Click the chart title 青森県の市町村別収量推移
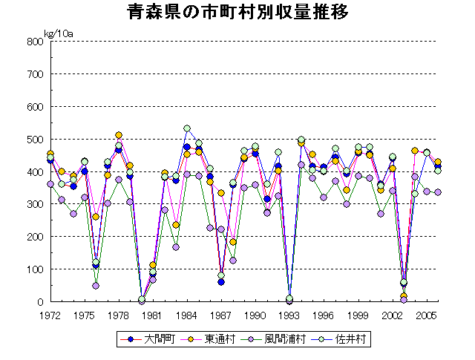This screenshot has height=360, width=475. (237, 13)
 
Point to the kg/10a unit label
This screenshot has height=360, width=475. (58, 33)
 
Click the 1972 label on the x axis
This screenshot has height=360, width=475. (50, 315)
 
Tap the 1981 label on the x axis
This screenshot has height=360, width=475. (152, 315)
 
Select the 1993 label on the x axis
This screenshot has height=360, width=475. (289, 315)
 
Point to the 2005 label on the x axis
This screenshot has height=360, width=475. (425, 315)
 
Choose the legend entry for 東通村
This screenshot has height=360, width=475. (209, 340)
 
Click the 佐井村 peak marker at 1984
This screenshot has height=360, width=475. (187, 128)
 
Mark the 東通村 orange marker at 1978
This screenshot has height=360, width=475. (119, 136)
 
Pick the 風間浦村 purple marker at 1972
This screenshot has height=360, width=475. (50, 184)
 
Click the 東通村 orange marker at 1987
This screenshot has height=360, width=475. (221, 193)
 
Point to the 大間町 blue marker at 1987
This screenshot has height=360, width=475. (221, 282)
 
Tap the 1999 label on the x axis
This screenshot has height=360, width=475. (357, 315)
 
